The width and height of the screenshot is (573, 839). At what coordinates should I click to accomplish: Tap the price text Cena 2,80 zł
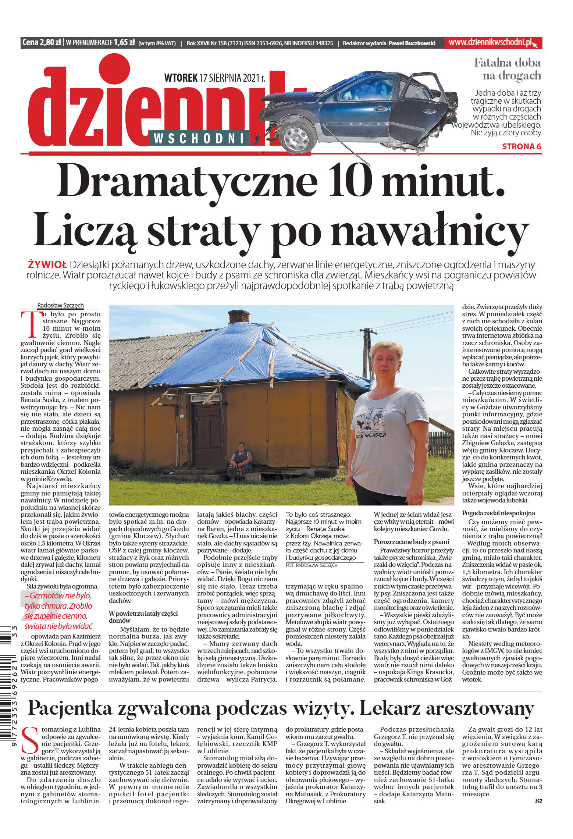42,43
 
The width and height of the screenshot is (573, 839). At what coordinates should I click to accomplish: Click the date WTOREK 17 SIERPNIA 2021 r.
214,78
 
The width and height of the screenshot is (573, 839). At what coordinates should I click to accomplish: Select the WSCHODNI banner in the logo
199,138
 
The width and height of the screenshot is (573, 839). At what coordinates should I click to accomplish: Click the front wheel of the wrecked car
298,135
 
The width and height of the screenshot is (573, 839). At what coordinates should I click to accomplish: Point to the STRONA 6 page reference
522,146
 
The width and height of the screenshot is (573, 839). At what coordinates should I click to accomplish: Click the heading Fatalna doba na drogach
508,69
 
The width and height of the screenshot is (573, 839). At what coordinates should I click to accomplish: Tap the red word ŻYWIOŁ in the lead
47,264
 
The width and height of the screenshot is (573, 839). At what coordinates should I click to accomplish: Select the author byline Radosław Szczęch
60,305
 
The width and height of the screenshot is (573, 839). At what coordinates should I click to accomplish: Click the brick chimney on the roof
239,316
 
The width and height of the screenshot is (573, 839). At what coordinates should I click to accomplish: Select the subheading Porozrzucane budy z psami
411,541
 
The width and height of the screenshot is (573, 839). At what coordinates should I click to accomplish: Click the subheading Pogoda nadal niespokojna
498,513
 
